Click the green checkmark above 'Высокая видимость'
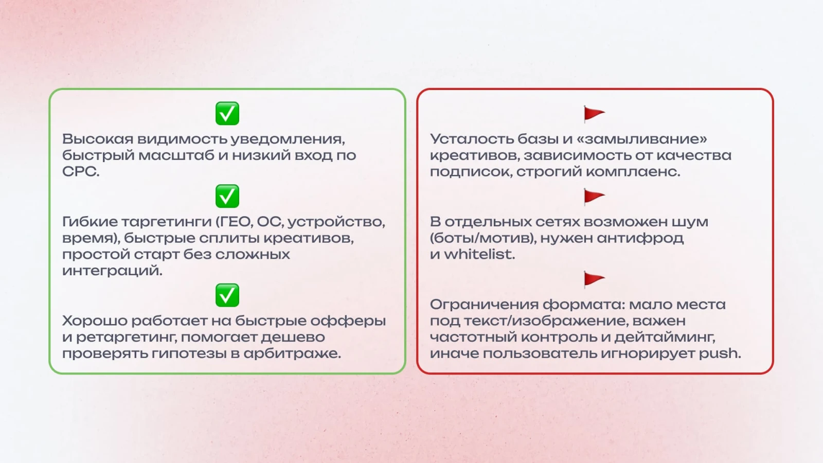[x=227, y=114]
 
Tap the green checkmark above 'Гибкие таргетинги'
[x=227, y=196]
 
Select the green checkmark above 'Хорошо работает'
[x=227, y=295]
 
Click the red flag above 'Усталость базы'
[x=594, y=114]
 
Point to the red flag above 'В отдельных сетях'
[x=594, y=197]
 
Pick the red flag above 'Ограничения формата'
[x=594, y=279]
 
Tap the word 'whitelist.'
[x=479, y=254]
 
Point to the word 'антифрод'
[x=640, y=238]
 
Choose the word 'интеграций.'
[x=112, y=271]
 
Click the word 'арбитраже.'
[x=292, y=353]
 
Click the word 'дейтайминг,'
[x=665, y=337]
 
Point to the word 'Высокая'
[x=98, y=139]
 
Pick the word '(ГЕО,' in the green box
[x=234, y=222]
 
